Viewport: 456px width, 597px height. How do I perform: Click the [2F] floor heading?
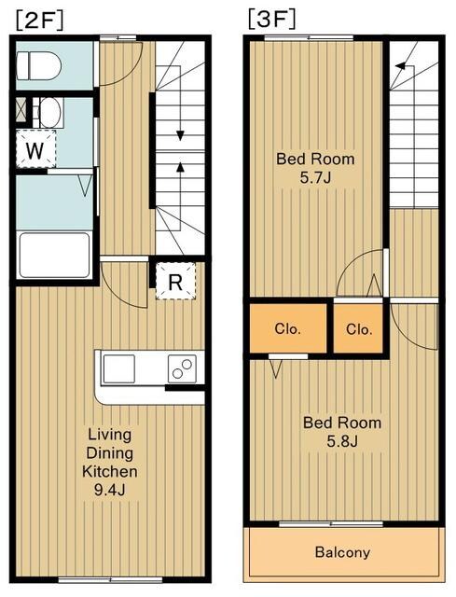39,21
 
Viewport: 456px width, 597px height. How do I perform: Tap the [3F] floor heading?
271,20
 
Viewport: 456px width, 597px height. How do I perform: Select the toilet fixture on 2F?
39,65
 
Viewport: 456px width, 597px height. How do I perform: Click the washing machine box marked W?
35,149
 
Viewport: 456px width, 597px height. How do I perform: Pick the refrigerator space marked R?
175,281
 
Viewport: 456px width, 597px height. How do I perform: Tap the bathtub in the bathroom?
55,255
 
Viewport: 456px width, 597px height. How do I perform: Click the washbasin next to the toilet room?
49,113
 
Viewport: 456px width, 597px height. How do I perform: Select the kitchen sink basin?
118,368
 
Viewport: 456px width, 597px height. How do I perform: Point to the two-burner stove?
183,368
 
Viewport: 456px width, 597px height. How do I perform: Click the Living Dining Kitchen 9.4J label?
110,462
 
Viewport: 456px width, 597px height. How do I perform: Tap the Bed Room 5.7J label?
315,168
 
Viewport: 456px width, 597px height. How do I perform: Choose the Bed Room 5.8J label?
342,432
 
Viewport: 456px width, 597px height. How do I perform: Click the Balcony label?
342,551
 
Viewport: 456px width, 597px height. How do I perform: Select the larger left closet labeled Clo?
288,328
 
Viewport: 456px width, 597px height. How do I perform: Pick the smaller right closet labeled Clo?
359,328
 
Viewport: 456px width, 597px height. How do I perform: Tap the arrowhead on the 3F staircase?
400,66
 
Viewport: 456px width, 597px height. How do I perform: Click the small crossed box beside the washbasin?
21,109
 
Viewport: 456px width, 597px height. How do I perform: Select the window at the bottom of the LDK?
110,580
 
